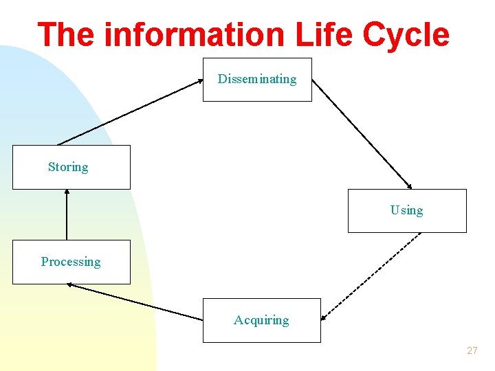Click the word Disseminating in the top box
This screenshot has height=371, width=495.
pyautogui.click(x=257, y=79)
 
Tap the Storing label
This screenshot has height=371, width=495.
pyautogui.click(x=68, y=167)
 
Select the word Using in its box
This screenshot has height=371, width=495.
pyautogui.click(x=407, y=210)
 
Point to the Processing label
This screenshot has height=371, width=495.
pyautogui.click(x=71, y=262)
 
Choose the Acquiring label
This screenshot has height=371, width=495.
pyautogui.click(x=261, y=320)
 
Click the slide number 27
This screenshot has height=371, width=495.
pyautogui.click(x=472, y=350)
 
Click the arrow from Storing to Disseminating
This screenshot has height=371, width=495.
pyautogui.click(x=131, y=112)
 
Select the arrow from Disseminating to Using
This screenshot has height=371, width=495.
pyautogui.click(x=362, y=133)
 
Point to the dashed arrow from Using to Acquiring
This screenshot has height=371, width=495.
pyautogui.click(x=371, y=276)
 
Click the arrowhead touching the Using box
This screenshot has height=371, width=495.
pyautogui.click(x=410, y=186)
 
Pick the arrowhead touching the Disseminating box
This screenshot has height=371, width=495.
pyautogui.click(x=200, y=80)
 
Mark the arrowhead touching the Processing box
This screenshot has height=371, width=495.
pyautogui.click(x=69, y=285)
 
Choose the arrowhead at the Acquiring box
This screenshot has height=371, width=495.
pyautogui.click(x=324, y=318)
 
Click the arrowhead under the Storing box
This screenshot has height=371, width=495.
pyautogui.click(x=67, y=192)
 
